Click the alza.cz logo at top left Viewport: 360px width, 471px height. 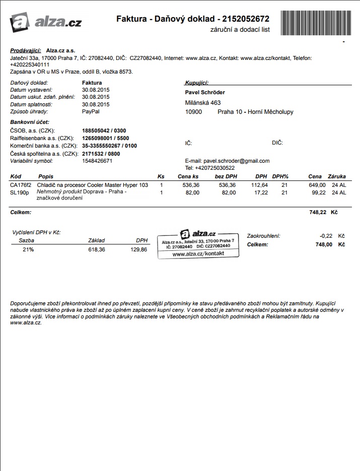pos(46,22)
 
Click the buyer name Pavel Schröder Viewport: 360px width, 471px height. pos(205,92)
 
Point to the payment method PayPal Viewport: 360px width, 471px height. pos(91,111)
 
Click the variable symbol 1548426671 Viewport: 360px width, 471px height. pos(97,161)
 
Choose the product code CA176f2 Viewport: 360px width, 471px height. pos(21,185)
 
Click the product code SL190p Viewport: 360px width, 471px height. pos(19,192)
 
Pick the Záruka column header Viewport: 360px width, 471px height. pos(337,177)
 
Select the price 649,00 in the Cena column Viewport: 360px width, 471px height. pos(317,185)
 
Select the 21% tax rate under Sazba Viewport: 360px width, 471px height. pos(28,249)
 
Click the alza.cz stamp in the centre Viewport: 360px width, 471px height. pos(198,244)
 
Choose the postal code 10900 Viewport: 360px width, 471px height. pos(193,112)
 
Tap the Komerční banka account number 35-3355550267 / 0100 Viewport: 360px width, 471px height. pos(109,146)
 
